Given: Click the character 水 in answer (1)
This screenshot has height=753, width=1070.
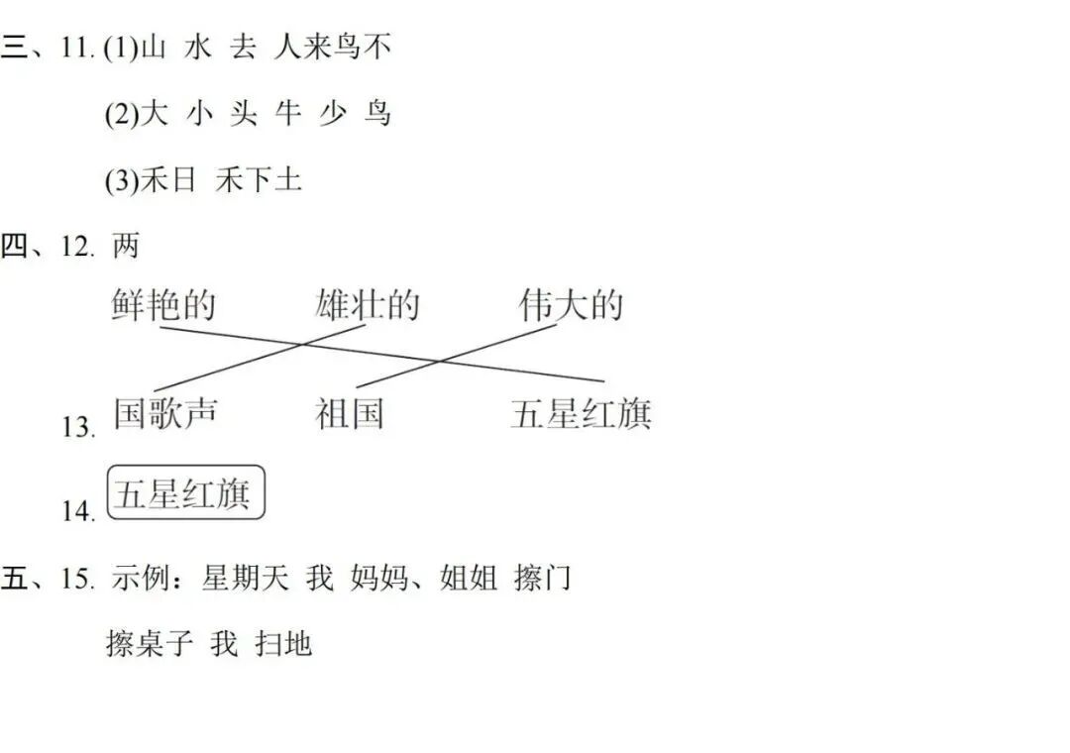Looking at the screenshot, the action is point(198,48).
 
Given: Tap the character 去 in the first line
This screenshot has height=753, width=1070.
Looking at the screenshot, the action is point(244,48).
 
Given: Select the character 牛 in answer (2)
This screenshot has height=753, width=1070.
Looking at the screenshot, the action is point(287,114).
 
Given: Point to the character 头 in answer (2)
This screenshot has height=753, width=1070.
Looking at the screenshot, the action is point(244,114).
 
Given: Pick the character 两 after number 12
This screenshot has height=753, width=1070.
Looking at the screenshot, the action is point(126,245).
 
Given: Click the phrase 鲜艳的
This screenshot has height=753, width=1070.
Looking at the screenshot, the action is point(163,305).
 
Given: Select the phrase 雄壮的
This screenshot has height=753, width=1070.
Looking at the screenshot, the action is point(369,305).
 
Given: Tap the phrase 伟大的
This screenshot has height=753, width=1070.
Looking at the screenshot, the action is point(572,305).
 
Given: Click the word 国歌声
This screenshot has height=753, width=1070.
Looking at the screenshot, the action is point(165,413).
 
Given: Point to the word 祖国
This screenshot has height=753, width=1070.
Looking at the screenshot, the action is point(350,413).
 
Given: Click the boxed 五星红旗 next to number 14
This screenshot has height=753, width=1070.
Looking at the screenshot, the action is point(185,493).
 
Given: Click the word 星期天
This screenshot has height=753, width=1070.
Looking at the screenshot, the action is point(246,578).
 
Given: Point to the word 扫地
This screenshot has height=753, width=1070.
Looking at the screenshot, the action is point(283,644).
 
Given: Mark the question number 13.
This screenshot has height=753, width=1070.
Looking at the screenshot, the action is point(78,428).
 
